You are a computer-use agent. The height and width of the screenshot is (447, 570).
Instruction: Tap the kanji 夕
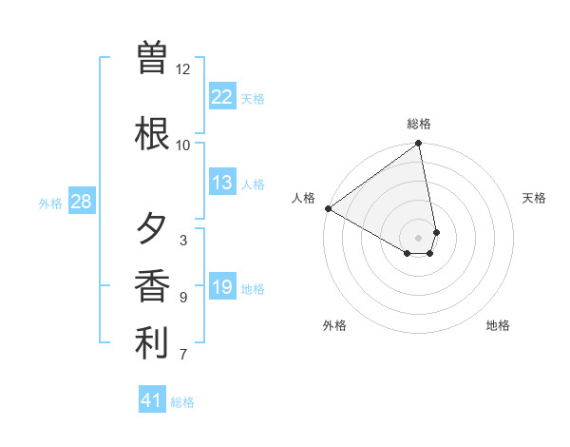[x=152, y=229]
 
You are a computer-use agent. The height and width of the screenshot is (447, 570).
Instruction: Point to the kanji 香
[x=152, y=286]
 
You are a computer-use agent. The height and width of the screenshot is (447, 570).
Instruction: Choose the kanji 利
[x=152, y=343]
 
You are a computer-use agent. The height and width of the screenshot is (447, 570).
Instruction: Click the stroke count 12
[x=183, y=69]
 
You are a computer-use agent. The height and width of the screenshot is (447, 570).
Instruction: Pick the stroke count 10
[x=183, y=146]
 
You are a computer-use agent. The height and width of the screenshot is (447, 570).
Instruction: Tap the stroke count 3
[x=183, y=241]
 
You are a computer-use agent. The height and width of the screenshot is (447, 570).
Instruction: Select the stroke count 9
[x=183, y=298]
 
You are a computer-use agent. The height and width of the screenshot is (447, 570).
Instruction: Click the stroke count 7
[x=183, y=355]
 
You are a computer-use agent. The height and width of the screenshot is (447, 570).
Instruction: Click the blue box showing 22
[x=222, y=96]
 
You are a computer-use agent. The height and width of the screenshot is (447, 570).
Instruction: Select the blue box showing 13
[x=222, y=183]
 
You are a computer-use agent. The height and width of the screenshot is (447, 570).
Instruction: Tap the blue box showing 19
[x=222, y=287]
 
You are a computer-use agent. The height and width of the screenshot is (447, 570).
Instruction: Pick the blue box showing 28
[x=81, y=202]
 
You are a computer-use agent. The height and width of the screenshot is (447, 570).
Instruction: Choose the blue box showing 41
[x=152, y=400]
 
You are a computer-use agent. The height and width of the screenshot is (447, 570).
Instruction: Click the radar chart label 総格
[x=419, y=124]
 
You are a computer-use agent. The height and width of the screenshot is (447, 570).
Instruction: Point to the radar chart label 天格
[x=534, y=198]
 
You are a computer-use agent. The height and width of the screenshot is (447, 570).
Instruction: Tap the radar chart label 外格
[x=334, y=325]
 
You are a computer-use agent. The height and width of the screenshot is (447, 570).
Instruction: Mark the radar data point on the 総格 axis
[x=419, y=145]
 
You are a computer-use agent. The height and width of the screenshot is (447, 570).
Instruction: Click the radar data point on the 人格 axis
[x=328, y=208]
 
